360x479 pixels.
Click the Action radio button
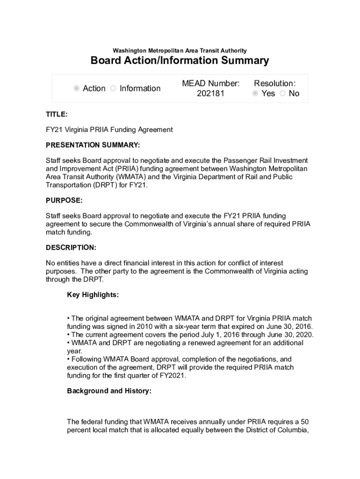click(x=77, y=88)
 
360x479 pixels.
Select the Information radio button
click(x=113, y=88)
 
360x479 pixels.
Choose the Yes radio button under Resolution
click(x=255, y=94)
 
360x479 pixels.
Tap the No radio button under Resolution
click(x=282, y=94)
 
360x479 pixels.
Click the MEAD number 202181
click(x=211, y=94)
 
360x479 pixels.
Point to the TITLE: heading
click(x=57, y=114)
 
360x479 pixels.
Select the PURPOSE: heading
click(x=64, y=200)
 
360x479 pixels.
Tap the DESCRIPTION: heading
click(x=71, y=247)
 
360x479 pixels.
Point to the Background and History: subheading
click(x=109, y=391)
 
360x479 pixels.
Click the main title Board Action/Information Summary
click(x=180, y=60)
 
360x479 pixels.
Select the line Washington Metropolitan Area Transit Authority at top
click(x=180, y=51)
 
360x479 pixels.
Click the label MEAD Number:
click(x=211, y=83)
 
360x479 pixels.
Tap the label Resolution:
click(x=274, y=83)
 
